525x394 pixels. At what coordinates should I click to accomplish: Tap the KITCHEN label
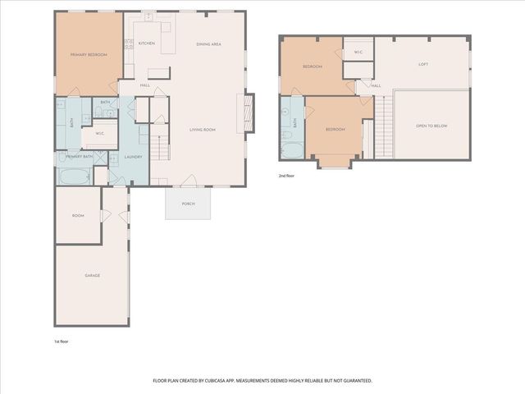click(146, 43)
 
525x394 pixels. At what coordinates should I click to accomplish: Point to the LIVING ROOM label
click(203, 129)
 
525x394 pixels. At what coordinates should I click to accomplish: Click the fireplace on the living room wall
click(242, 112)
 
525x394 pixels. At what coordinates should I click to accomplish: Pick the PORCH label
click(189, 204)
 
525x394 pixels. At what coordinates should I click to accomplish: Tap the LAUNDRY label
click(134, 157)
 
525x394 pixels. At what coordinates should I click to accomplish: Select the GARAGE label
click(92, 275)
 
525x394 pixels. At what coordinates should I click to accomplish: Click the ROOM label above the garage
click(78, 215)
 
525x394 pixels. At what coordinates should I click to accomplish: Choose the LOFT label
click(422, 64)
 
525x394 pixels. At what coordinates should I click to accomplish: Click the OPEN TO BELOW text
click(431, 126)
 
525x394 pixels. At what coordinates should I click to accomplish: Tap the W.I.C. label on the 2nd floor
click(358, 53)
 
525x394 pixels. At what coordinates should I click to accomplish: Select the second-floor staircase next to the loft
click(381, 127)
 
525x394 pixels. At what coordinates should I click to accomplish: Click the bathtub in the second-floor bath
click(292, 149)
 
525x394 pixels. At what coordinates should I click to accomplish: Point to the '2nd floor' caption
click(287, 175)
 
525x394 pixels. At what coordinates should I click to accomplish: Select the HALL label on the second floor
click(376, 85)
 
